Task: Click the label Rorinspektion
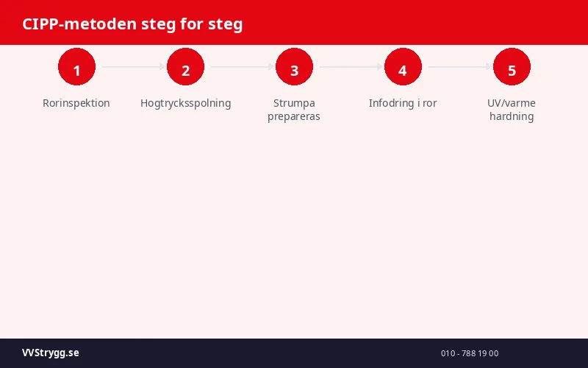[76, 103]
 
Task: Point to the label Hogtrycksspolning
[185, 103]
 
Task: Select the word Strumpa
[294, 103]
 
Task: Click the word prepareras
[294, 116]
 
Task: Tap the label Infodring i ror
[403, 103]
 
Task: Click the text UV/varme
[512, 103]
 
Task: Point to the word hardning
[512, 116]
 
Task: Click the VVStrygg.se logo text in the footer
[51, 353]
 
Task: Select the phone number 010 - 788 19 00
[470, 353]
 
